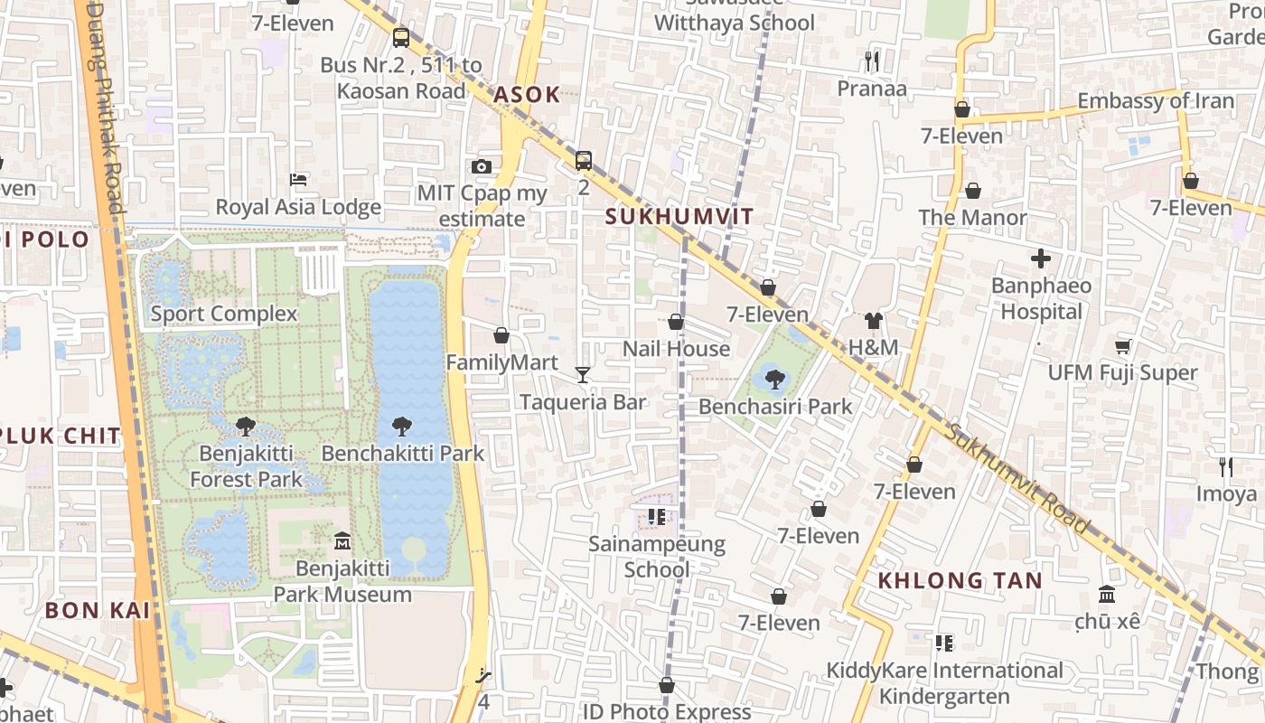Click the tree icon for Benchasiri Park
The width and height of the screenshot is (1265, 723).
click(x=774, y=380)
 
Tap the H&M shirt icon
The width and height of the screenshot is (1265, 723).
click(x=873, y=321)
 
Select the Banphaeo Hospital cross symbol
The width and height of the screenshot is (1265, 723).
click(x=1041, y=259)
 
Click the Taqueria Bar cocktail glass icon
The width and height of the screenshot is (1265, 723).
click(x=583, y=374)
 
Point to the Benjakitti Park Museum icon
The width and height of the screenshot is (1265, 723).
click(x=342, y=541)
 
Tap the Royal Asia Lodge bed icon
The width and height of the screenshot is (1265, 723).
click(x=298, y=180)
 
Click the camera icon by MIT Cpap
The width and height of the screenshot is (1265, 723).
click(x=482, y=166)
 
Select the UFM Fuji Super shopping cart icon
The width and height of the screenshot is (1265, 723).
click(x=1123, y=346)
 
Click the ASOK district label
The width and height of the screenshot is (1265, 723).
click(x=527, y=94)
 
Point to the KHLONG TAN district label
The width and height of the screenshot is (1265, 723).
click(x=960, y=580)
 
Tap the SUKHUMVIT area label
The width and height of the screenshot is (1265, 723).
click(x=679, y=217)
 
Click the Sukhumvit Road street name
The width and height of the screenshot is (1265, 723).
click(x=1017, y=477)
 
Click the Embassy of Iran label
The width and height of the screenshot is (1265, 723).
click(x=1155, y=100)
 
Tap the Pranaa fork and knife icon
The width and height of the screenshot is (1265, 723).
click(x=872, y=61)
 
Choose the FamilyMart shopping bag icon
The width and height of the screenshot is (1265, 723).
click(x=501, y=335)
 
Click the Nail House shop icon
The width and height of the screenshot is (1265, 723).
click(x=676, y=322)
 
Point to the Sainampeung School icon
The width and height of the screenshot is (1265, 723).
click(x=657, y=517)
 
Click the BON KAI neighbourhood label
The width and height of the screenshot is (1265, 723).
click(x=97, y=610)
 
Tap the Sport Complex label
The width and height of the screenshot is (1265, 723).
click(x=223, y=314)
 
